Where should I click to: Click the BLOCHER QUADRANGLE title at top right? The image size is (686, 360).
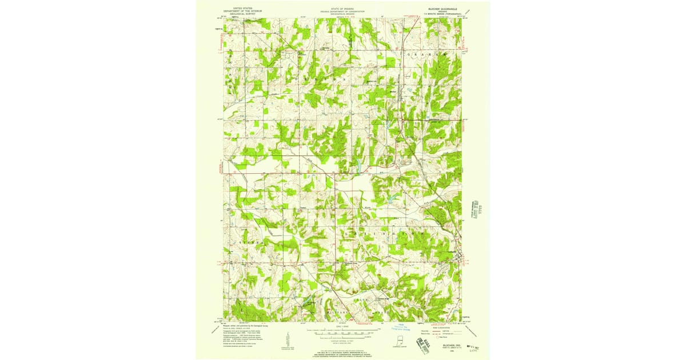(444, 9)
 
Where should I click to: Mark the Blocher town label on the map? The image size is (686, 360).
(393, 90)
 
